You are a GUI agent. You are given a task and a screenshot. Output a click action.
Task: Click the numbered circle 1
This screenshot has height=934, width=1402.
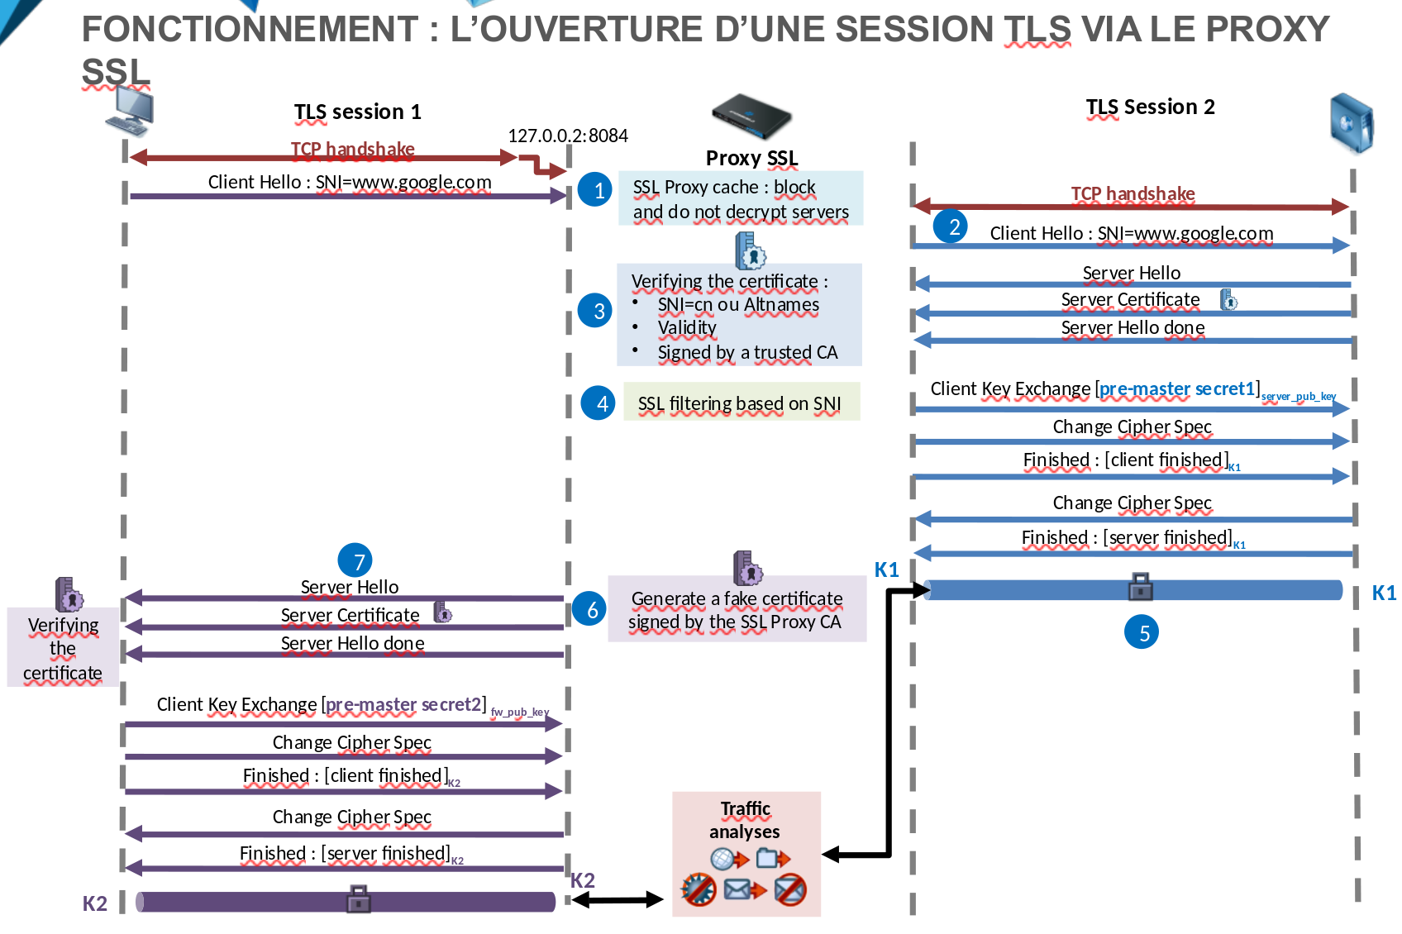(595, 190)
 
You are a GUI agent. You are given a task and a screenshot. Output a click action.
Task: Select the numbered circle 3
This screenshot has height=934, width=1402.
(595, 311)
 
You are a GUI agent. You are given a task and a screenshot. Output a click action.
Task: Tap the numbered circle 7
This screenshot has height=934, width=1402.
(355, 561)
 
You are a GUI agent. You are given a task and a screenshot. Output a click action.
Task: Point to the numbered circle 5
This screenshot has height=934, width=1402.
(1142, 632)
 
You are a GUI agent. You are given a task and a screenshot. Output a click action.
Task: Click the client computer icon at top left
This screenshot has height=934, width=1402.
(131, 111)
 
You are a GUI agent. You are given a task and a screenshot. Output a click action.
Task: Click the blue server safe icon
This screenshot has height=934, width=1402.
(1352, 124)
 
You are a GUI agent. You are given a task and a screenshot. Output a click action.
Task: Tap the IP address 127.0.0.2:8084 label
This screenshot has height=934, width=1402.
(568, 136)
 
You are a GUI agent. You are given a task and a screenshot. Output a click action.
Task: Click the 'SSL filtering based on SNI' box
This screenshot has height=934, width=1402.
(742, 402)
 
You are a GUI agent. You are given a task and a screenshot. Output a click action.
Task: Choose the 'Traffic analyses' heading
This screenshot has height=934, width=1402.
(745, 820)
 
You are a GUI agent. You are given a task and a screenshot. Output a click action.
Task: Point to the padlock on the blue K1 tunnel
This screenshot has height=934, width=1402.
(1141, 587)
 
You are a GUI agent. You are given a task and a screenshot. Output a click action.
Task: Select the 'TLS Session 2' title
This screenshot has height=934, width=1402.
(1150, 107)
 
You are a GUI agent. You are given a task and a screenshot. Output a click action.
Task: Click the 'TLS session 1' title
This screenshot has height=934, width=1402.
(357, 112)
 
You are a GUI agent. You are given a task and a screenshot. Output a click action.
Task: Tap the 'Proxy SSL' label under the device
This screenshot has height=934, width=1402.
(751, 158)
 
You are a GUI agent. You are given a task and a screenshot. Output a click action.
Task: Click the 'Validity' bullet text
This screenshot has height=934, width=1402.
(687, 328)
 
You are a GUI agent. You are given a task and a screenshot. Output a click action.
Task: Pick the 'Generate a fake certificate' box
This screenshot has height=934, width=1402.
(737, 610)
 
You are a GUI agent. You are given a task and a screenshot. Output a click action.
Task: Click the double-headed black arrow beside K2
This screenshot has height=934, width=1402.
(618, 899)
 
